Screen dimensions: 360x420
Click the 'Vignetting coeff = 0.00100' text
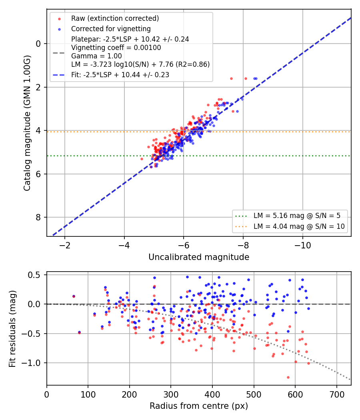pos(116,48)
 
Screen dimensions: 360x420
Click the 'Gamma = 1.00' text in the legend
pos(96,56)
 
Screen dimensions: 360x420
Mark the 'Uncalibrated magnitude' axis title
pos(199,257)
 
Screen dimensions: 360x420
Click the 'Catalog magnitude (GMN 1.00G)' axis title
pos(27,123)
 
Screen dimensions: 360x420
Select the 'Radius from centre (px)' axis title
pos(199,406)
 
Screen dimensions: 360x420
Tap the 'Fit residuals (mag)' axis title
pos(12,329)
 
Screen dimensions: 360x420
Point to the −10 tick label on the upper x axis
pos(303,245)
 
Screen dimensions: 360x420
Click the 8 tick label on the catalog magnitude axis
pos(38,218)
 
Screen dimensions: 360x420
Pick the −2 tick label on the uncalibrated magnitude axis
pos(64,245)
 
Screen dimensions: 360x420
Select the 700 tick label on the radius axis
pos(336,394)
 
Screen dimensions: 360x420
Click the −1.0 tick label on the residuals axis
pos(32,363)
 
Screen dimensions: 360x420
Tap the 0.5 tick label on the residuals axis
pos(35,275)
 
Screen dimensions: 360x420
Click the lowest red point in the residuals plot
pos(288,378)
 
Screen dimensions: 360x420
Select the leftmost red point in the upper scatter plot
pos(142,159)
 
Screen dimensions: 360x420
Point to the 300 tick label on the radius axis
pos(171,394)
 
